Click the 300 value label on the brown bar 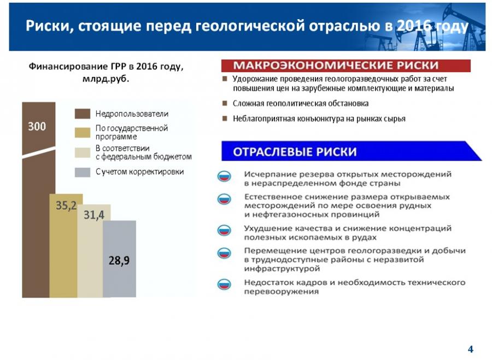click(37, 126)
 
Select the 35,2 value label click(66, 205)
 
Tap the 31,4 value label click(94, 215)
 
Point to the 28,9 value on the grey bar click(119, 260)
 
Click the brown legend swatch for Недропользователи click(83, 114)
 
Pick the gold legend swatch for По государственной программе click(83, 132)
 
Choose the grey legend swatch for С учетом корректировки click(83, 172)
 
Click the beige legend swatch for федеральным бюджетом click(83, 152)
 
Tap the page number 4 click(470, 349)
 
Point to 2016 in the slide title click(414, 26)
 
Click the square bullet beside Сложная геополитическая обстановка click(225, 103)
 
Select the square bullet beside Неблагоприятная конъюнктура click(225, 119)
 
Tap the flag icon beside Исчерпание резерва click(224, 176)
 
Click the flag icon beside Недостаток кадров click(224, 284)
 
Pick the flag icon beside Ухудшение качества click(224, 230)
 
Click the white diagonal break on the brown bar click(39, 152)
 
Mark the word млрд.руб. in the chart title click(106, 79)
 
